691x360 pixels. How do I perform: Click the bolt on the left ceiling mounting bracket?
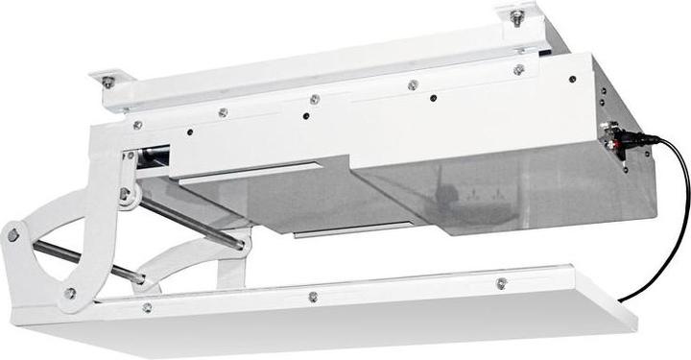(108, 83)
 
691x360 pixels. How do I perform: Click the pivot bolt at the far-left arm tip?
(13, 233)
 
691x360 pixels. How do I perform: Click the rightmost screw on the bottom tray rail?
(501, 283)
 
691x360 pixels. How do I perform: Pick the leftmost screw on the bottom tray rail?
(146, 308)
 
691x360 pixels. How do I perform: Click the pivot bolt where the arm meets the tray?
(70, 293)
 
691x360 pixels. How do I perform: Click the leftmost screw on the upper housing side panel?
(137, 125)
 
